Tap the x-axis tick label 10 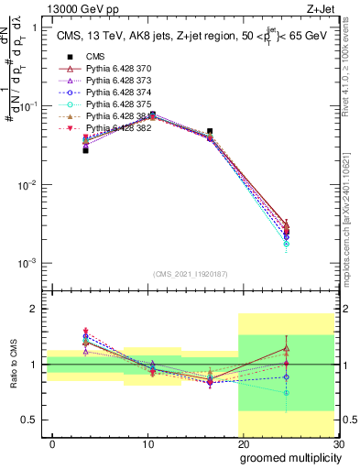point(147,444)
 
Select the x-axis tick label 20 point(243,444)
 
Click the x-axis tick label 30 point(338,444)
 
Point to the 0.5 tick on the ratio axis point(29,420)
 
